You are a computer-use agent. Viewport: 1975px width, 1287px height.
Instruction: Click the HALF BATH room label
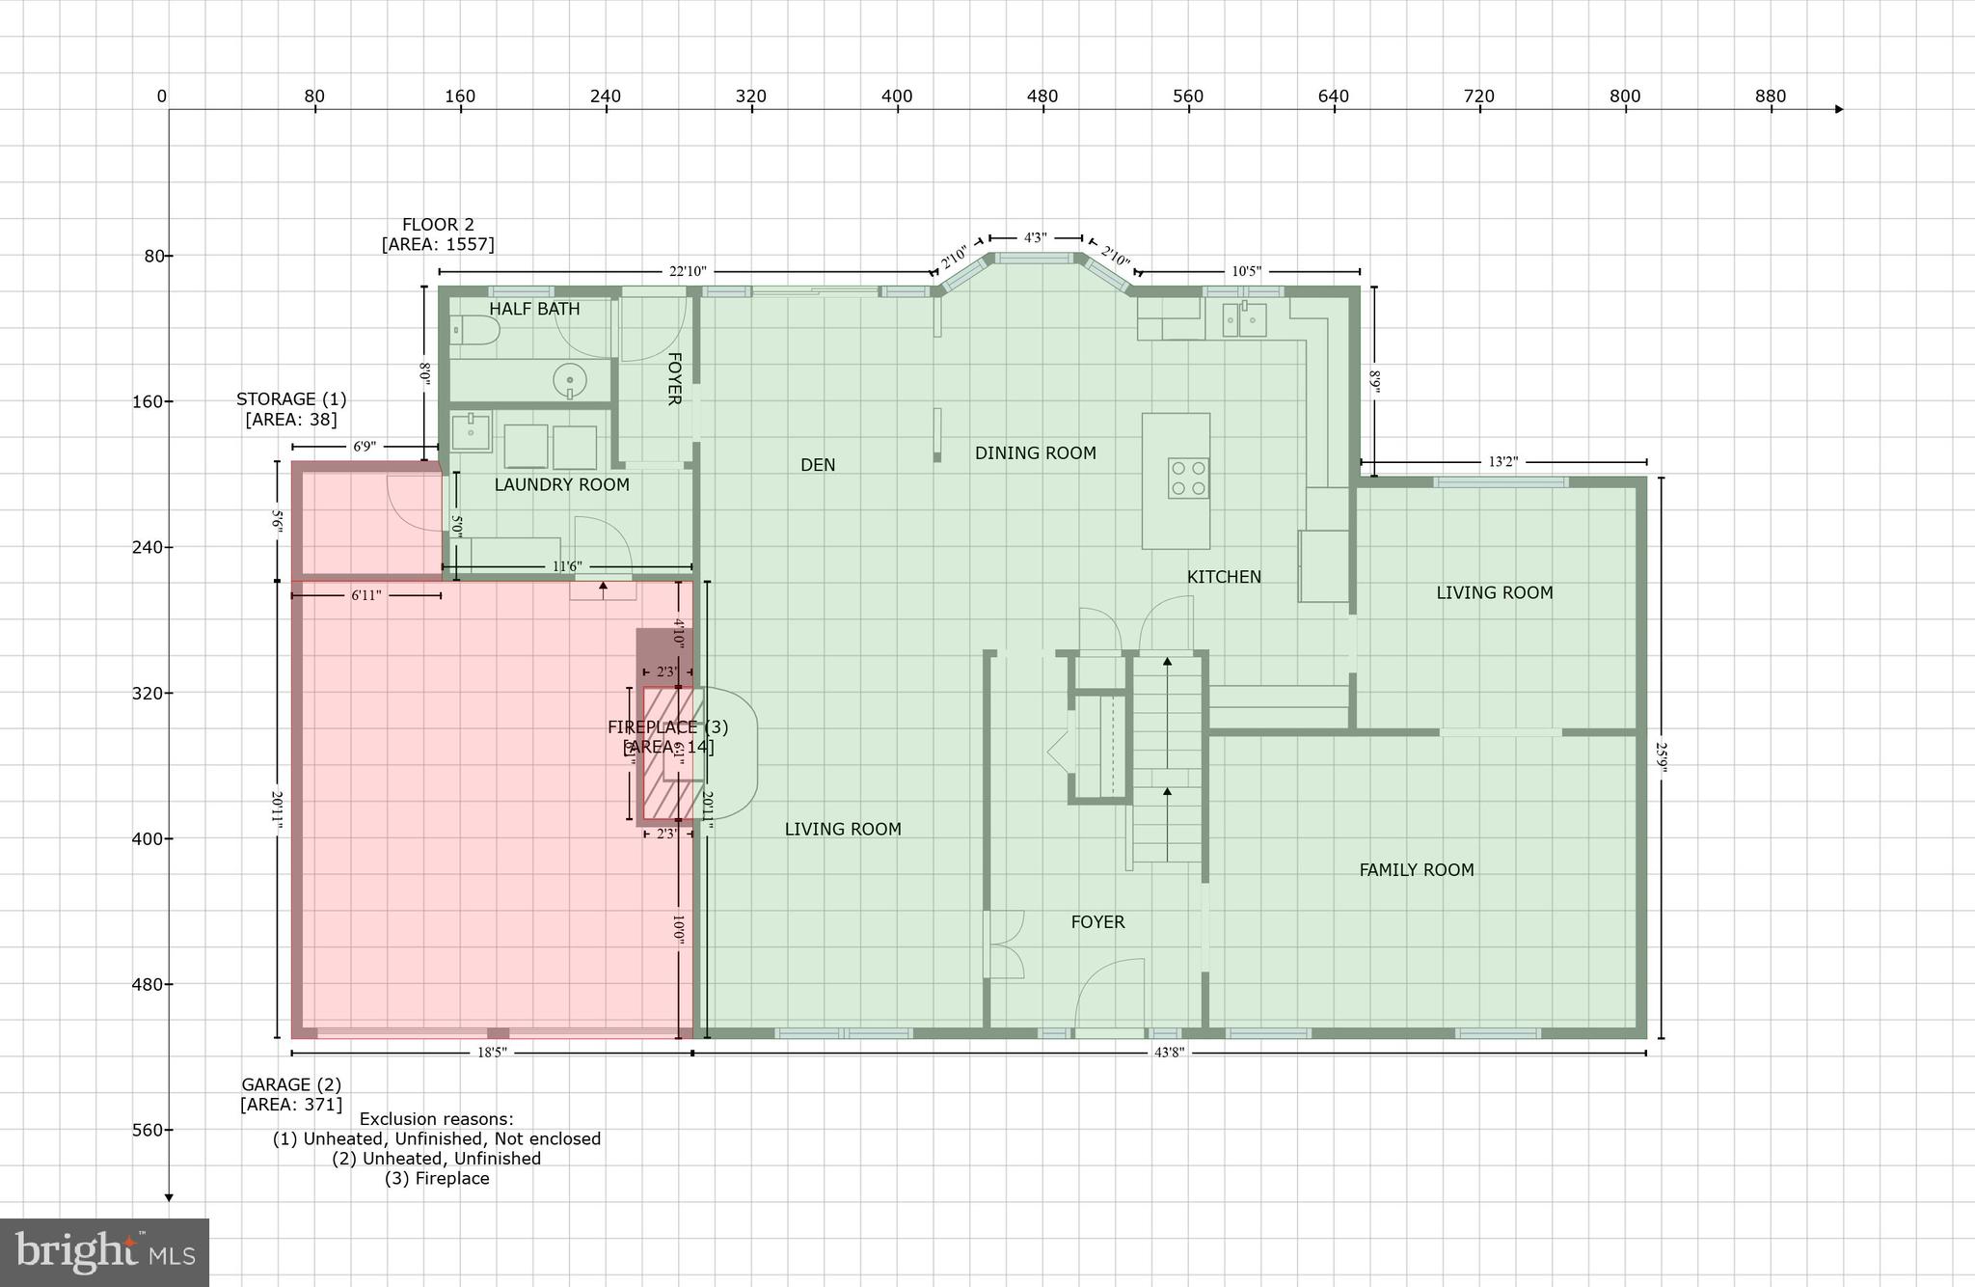point(534,309)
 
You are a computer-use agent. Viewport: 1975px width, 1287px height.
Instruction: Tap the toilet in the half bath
point(474,333)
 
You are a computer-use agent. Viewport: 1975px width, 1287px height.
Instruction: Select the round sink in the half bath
point(570,380)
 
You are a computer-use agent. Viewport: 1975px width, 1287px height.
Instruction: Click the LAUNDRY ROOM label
point(561,484)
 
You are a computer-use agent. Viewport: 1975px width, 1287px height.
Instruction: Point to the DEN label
point(818,465)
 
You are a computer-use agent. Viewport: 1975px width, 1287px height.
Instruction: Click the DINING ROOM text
point(1035,452)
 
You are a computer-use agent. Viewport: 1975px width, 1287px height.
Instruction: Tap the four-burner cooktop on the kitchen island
point(1188,478)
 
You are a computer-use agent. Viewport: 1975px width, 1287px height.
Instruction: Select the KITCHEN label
point(1224,577)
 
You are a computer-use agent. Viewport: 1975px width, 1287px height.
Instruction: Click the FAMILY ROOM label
point(1416,870)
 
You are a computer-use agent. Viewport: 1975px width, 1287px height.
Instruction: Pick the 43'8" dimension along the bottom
point(1169,1053)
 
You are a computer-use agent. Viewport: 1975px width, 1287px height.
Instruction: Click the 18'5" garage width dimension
point(491,1053)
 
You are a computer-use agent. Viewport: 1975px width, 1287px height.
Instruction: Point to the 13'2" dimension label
point(1502,462)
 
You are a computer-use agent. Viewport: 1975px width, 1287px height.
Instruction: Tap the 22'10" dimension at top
point(688,272)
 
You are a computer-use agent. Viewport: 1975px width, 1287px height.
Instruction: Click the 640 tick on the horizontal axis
point(1334,96)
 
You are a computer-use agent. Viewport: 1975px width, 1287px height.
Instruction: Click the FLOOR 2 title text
point(438,225)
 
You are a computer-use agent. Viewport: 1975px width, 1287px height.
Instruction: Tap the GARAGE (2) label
point(290,1084)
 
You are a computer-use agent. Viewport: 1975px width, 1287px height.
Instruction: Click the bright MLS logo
point(104,1252)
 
